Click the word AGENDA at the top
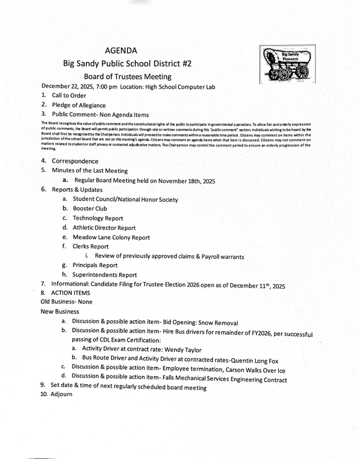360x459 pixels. click(121, 50)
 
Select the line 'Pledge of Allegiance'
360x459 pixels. click(79, 105)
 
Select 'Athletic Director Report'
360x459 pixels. click(104, 228)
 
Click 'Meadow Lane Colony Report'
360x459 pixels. click(111, 237)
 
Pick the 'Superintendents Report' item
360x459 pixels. click(105, 275)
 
